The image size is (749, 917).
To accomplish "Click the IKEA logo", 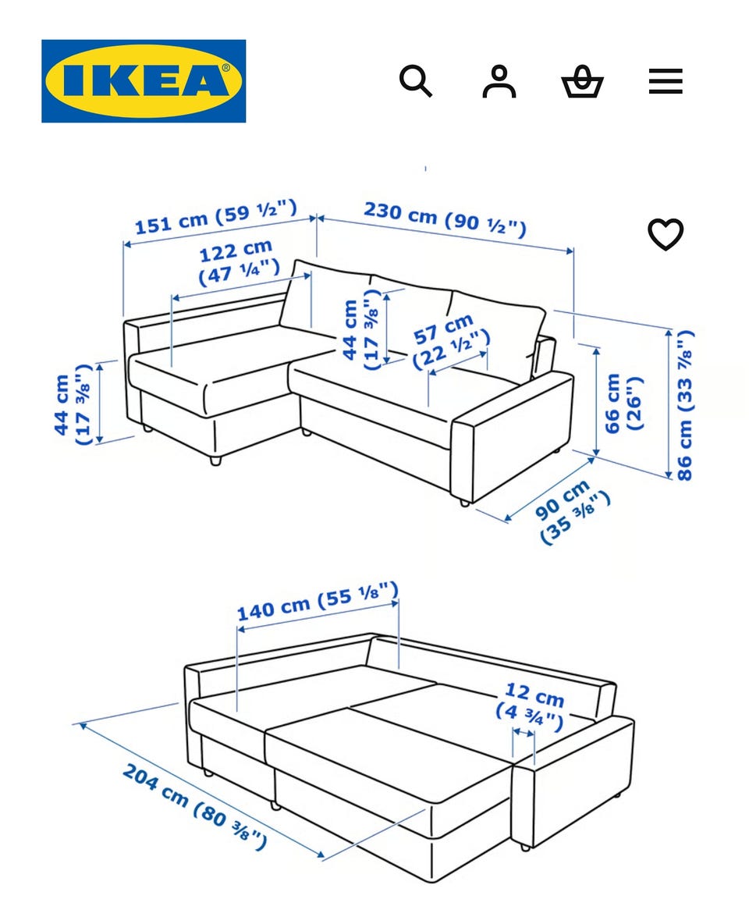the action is [144, 80].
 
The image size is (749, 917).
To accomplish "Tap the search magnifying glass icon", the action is [416, 80].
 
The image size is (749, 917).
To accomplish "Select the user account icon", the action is [499, 81].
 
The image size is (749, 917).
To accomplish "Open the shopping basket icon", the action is [582, 82].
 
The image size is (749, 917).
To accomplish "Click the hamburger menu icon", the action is [666, 80].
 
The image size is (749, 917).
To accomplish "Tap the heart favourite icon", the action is [666, 234].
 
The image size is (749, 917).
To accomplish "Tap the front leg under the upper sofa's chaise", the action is [216, 460].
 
